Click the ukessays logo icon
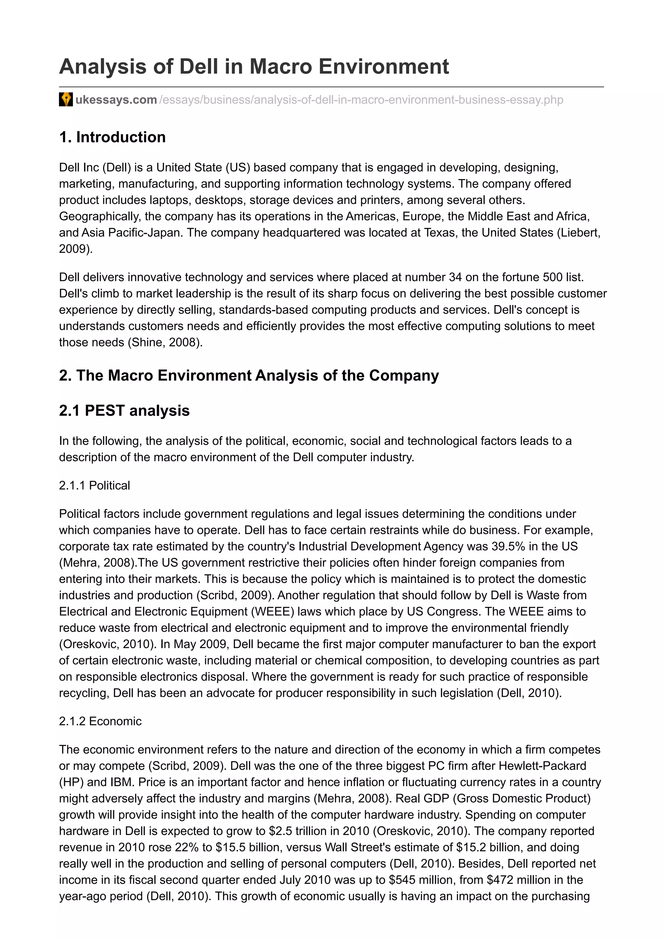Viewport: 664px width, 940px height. click(66, 100)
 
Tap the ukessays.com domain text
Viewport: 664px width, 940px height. click(116, 100)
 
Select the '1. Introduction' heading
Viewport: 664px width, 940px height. click(113, 137)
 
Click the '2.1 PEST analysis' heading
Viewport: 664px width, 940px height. click(124, 410)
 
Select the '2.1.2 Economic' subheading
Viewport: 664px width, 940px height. click(100, 721)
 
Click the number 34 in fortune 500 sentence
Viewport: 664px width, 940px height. click(455, 277)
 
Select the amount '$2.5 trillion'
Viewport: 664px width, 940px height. click(303, 831)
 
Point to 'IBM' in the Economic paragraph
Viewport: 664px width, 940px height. click(122, 782)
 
